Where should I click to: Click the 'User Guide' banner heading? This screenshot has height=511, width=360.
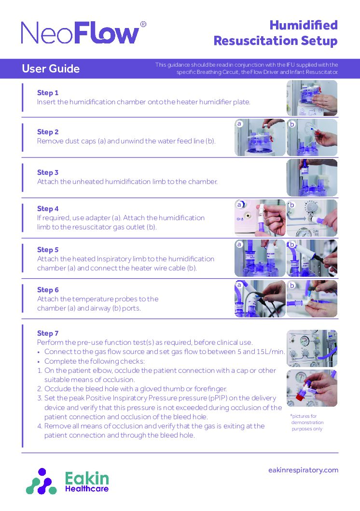pyautogui.click(x=51, y=69)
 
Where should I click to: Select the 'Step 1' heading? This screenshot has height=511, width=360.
pyautogui.click(x=48, y=93)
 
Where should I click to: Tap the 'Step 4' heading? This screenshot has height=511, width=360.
pyautogui.click(x=48, y=209)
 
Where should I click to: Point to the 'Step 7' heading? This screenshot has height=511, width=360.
pyautogui.click(x=48, y=333)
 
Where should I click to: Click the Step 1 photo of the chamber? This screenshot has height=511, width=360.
pyautogui.click(x=312, y=98)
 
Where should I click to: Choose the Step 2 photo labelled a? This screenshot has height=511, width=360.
pyautogui.click(x=259, y=138)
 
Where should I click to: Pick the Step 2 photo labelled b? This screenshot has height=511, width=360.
pyautogui.click(x=312, y=138)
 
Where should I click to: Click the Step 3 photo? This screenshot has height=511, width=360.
pyautogui.click(x=312, y=177)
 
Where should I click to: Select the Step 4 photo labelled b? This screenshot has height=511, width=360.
pyautogui.click(x=312, y=218)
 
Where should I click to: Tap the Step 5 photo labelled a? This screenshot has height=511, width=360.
pyautogui.click(x=259, y=258)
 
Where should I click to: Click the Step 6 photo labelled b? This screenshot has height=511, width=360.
pyautogui.click(x=312, y=298)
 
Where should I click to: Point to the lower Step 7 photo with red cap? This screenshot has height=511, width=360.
pyautogui.click(x=312, y=388)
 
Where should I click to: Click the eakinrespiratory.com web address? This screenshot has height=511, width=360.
pyautogui.click(x=303, y=470)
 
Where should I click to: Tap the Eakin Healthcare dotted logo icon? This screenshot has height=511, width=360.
pyautogui.click(x=42, y=481)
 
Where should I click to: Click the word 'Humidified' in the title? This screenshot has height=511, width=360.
pyautogui.click(x=303, y=25)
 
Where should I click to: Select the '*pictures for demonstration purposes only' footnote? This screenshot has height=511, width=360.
pyautogui.click(x=307, y=422)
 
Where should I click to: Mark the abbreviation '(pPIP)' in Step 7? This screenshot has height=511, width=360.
pyautogui.click(x=221, y=398)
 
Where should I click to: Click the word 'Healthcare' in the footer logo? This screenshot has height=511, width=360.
pyautogui.click(x=87, y=489)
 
